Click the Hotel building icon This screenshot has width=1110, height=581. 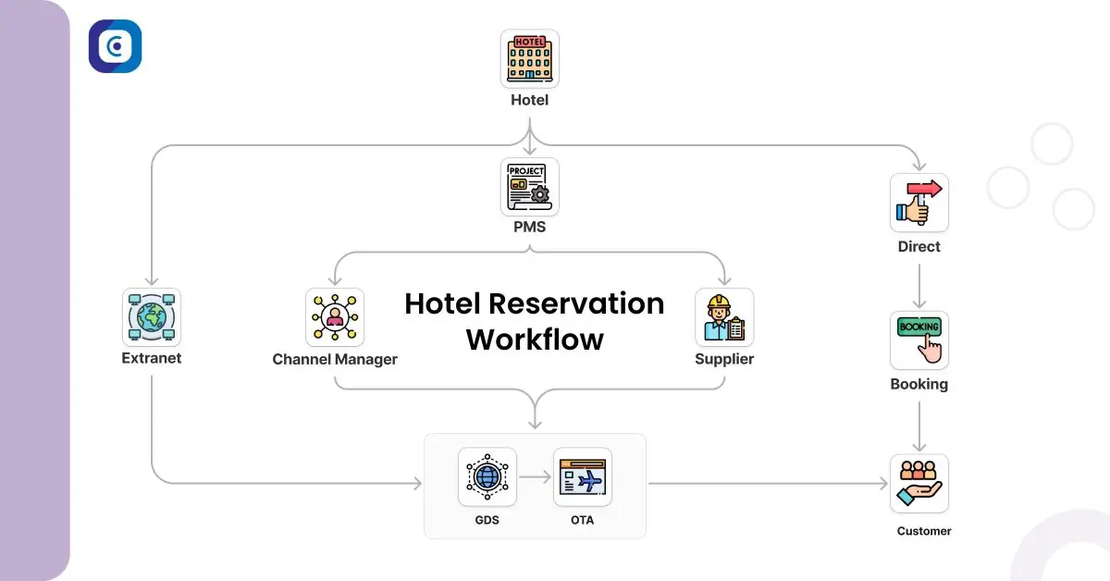pos(530,58)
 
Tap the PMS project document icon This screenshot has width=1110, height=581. pos(530,187)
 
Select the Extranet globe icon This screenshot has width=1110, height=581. pos(152,317)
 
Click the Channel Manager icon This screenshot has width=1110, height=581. pos(335,317)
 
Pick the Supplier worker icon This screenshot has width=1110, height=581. pos(724,317)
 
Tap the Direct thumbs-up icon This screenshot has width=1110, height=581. pos(919,203)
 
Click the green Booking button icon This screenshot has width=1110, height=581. pos(919,340)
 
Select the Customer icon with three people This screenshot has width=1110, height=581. pos(919,483)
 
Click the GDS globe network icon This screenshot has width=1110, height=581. pos(487,476)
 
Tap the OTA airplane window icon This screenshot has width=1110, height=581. pos(582,476)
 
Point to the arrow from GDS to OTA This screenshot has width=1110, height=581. pos(536,476)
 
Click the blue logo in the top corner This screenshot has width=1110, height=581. pos(115,46)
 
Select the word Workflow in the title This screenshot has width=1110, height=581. pos(535,340)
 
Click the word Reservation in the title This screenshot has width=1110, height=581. pos(576,303)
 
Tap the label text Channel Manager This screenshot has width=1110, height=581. pos(335,359)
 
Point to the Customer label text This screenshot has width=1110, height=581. pos(924,531)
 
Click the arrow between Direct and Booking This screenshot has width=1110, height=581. pos(919,286)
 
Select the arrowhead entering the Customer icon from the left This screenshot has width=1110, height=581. pos(883,483)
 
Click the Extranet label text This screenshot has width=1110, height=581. pos(152,358)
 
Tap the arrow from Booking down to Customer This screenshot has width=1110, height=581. pos(919,426)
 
